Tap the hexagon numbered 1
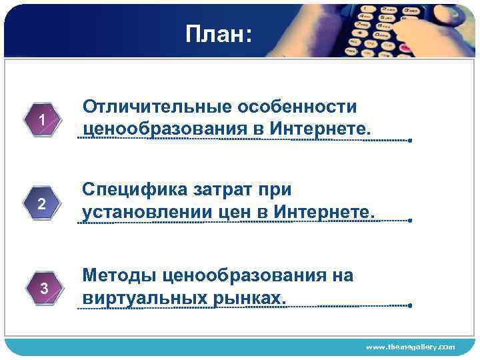click(42, 121)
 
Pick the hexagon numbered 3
click(43, 289)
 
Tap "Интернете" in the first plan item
click(319, 127)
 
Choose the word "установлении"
click(147, 211)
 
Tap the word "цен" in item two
click(237, 211)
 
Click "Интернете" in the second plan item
click(327, 211)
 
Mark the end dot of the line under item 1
click(411, 141)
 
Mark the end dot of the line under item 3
click(411, 306)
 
